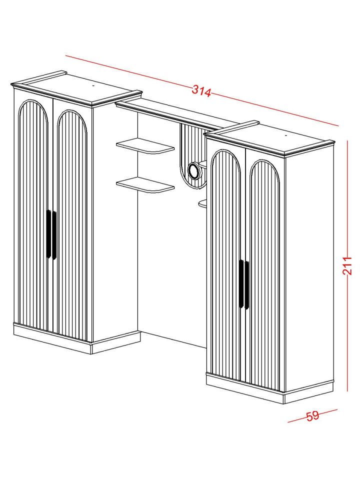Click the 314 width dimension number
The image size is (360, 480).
click(x=201, y=91)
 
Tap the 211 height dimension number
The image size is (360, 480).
click(x=347, y=265)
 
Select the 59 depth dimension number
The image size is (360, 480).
click(x=312, y=415)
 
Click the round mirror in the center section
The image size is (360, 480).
click(x=194, y=170)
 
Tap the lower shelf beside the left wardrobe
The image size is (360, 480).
click(x=145, y=185)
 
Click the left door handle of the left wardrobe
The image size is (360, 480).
click(x=48, y=234)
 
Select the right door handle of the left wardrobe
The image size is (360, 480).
click(x=54, y=235)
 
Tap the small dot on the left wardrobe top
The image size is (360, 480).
click(x=93, y=86)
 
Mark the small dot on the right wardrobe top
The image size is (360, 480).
click(x=285, y=135)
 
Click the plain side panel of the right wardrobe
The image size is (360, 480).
click(x=308, y=268)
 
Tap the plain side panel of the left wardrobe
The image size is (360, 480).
click(x=115, y=220)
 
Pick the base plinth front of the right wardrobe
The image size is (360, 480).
click(x=245, y=388)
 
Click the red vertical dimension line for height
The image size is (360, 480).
click(x=347, y=265)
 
